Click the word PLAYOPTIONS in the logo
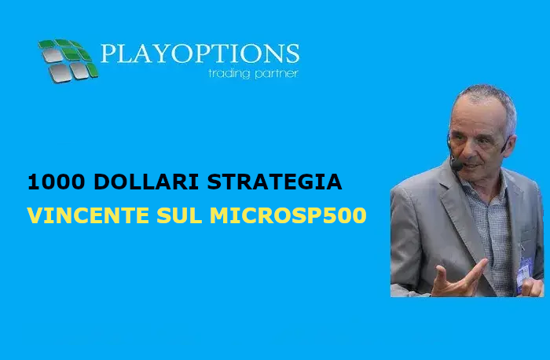tap(200, 53)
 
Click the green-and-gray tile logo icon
tap(68, 61)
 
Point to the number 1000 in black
tap(57, 182)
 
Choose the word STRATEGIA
tap(274, 182)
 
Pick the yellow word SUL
tap(180, 215)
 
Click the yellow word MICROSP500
tap(288, 215)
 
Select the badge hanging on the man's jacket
tap(524, 274)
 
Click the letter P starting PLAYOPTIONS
tap(108, 53)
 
